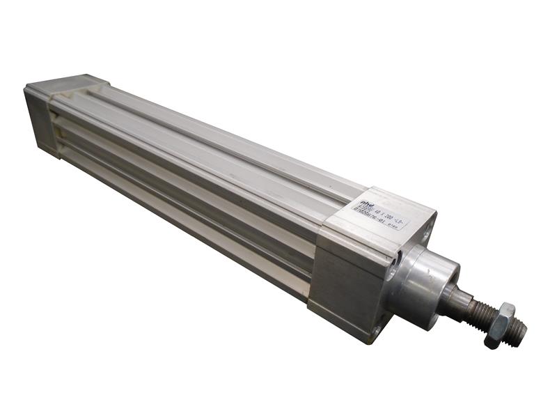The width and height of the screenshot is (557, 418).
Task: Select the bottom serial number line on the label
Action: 376,222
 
